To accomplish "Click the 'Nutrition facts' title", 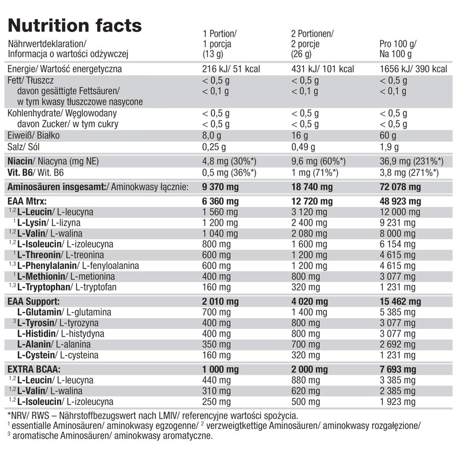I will coord(74,26).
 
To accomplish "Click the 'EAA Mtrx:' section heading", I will coord(27,201).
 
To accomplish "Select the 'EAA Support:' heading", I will coord(33,301).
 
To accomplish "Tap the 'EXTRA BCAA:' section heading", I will coord(34,369).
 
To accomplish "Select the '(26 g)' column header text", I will coord(302,54).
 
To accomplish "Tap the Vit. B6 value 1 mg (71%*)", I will coord(316,172).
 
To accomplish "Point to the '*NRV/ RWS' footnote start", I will coord(29,416).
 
